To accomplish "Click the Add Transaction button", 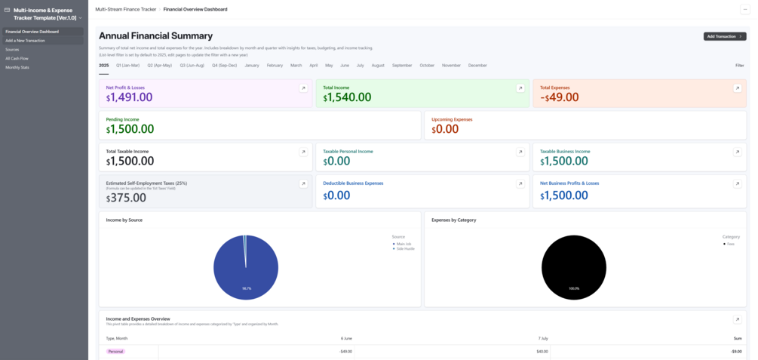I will pyautogui.click(x=724, y=36).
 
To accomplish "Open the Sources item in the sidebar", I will pyautogui.click(x=12, y=49).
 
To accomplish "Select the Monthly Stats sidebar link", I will pyautogui.click(x=17, y=67).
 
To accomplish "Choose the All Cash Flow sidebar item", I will pyautogui.click(x=17, y=58).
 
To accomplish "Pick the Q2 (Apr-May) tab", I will pyautogui.click(x=159, y=66).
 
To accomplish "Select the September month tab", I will pyautogui.click(x=402, y=66).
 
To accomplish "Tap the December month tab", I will pyautogui.click(x=477, y=66).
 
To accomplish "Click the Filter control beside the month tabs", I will pyautogui.click(x=739, y=66).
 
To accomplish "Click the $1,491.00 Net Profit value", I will pyautogui.click(x=129, y=97).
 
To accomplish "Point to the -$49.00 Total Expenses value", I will pyautogui.click(x=559, y=97).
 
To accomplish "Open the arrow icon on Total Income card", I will pyautogui.click(x=520, y=88).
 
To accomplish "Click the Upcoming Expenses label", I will pyautogui.click(x=453, y=119).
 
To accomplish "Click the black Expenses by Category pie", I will pyautogui.click(x=574, y=267).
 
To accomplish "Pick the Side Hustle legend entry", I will pyautogui.click(x=405, y=248).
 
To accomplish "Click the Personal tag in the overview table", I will pyautogui.click(x=115, y=352).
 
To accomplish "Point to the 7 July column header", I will pyautogui.click(x=543, y=338).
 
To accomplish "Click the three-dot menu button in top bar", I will pyautogui.click(x=745, y=9).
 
